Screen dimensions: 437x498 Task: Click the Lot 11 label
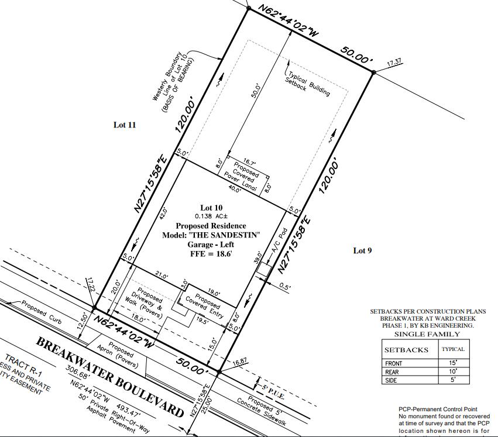[x=125, y=125]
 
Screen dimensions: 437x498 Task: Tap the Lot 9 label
[x=363, y=250]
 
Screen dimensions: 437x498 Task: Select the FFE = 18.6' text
[x=210, y=254]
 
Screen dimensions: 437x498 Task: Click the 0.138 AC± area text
[x=211, y=216]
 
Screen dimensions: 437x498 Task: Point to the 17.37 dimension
[x=394, y=62]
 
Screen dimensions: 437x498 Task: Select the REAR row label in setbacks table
[x=392, y=371]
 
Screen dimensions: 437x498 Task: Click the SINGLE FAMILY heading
[x=427, y=334]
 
